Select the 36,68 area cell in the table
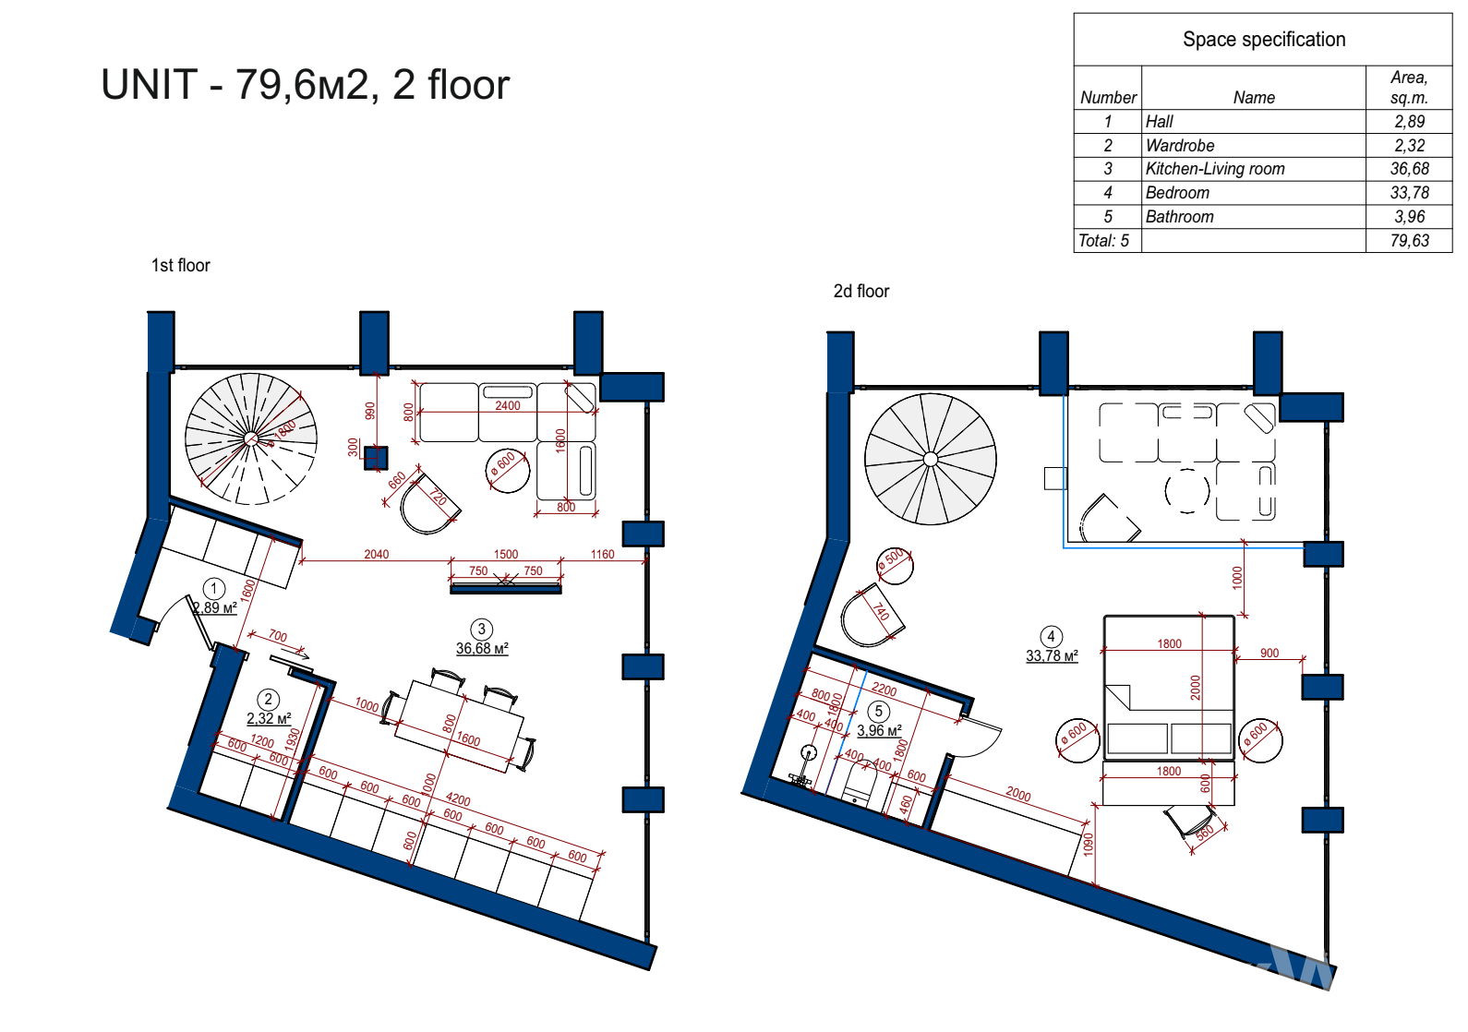1409,169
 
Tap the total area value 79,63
1409,241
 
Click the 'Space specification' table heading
1264,40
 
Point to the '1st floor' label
180,265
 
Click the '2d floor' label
860,291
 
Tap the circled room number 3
482,629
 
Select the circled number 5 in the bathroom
879,712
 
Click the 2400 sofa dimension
507,406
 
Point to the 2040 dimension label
376,555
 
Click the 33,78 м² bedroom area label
1052,656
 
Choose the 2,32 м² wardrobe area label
269,719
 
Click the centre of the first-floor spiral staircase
251,438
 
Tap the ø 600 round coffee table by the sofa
507,471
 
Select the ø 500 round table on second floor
896,566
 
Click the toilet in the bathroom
859,784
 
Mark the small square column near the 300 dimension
376,458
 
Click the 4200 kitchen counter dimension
457,800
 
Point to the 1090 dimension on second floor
1088,844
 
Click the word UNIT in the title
150,85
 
